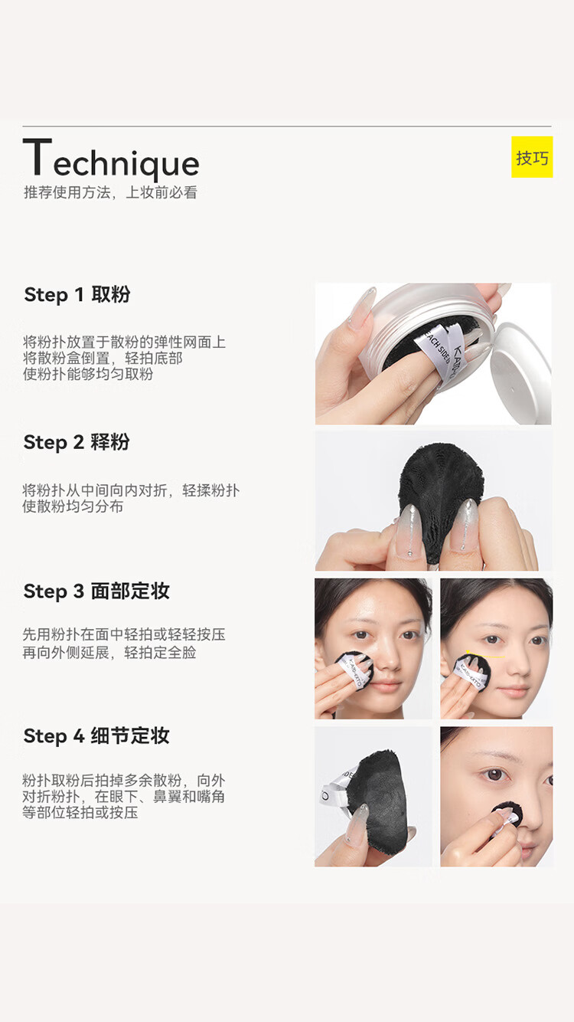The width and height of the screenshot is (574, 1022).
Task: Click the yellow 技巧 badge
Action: (532, 157)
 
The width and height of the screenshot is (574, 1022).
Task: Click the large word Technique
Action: (111, 159)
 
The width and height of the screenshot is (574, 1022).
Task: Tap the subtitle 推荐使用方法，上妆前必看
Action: (110, 192)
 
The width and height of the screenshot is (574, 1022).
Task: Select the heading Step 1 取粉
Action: (77, 295)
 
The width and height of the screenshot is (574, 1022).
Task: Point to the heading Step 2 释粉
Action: (77, 443)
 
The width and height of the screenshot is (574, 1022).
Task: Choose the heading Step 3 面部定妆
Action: (96, 591)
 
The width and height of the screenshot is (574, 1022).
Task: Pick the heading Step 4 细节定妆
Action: (96, 736)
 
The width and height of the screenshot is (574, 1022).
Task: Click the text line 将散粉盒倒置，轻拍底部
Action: (103, 358)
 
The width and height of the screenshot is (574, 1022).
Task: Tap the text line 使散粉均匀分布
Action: (73, 506)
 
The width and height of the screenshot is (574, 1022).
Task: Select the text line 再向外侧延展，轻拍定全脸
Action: (109, 653)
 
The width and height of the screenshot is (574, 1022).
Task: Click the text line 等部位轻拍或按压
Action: (80, 813)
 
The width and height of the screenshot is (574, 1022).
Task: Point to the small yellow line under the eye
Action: (485, 657)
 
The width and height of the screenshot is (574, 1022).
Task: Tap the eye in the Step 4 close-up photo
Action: (494, 775)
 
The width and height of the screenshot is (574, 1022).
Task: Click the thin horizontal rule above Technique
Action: (287, 126)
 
